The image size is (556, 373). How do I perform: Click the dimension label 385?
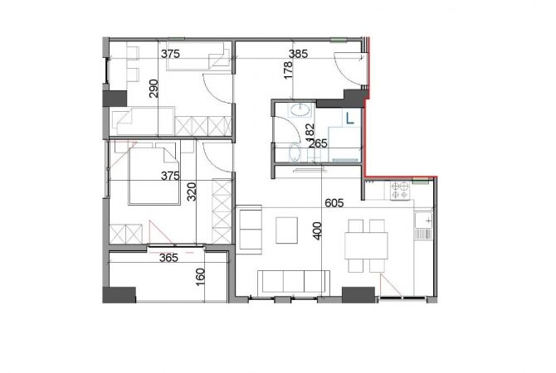(x=298, y=54)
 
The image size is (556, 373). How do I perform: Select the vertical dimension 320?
(x=191, y=194)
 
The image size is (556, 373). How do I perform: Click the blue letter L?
(x=349, y=118)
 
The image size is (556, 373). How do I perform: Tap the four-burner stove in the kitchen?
(x=401, y=192)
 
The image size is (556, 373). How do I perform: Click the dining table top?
(x=366, y=245)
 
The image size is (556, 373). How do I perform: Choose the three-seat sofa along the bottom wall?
(x=290, y=281)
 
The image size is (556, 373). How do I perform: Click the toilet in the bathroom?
(x=295, y=153)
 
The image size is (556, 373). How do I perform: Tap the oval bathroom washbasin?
(x=297, y=110)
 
